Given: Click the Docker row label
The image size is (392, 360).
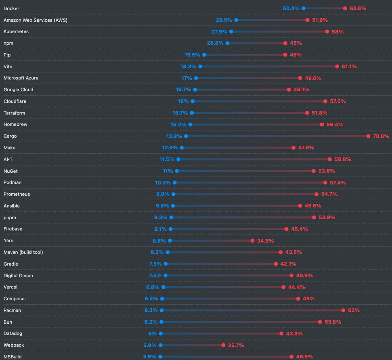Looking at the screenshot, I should coord(11,8).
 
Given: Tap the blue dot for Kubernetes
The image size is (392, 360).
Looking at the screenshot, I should coord(231,31).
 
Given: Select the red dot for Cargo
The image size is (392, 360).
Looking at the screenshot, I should coord(368,136).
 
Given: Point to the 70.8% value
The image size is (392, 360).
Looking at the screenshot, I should coord(381,136).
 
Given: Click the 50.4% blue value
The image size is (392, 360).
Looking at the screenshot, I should coord(291,8).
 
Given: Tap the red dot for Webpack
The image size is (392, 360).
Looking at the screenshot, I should coord(223,345).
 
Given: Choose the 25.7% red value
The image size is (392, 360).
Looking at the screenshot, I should coord(236,345).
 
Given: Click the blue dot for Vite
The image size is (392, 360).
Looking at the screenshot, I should coord(200,67).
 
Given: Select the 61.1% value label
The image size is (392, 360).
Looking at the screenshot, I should coord(349,67).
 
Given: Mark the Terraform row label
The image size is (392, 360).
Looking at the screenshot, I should coord(14,113).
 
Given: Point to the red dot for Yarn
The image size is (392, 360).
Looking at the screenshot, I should coord(252,241).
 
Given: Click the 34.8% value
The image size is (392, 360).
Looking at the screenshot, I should coord(265,241).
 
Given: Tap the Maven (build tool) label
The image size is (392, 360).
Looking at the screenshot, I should coord(23,252).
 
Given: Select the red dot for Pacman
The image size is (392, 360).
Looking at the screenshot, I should coord(343,310).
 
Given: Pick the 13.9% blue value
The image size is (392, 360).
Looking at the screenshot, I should coord(174,136).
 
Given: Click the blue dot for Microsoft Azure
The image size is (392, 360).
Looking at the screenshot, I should coord(196,78).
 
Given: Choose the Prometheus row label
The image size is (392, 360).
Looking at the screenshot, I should coord(17,194).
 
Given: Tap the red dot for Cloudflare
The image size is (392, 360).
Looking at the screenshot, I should coord(325,101).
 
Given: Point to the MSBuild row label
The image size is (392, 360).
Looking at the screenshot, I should coord(13,357).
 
